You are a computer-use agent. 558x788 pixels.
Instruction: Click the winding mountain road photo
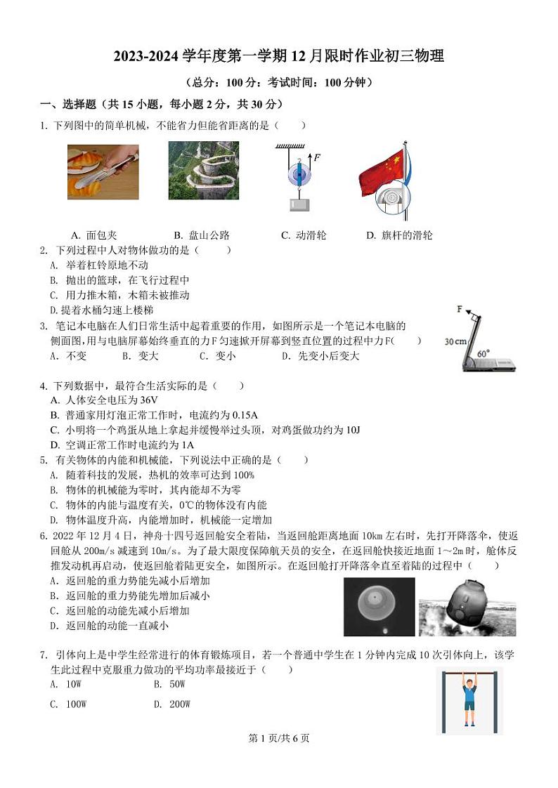[203, 171]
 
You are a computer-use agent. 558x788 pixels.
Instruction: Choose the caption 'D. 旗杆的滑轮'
[399, 235]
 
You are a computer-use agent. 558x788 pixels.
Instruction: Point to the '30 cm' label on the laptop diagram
[455, 342]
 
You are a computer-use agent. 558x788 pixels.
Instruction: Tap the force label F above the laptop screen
[460, 309]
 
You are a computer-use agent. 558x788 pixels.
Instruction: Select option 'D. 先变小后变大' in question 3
[320, 356]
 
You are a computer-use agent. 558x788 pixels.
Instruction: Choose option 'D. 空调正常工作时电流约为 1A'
[122, 445]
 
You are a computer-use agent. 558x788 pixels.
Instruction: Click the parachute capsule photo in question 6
[379, 607]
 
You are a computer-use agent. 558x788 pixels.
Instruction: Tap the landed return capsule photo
[467, 608]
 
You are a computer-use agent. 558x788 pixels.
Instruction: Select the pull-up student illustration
[469, 700]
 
